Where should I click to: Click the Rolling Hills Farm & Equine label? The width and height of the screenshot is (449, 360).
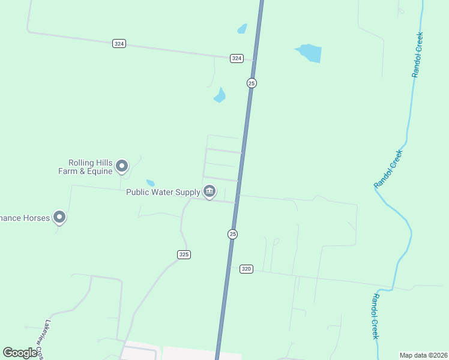coord(91,167)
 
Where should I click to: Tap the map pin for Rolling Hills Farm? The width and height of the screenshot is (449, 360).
coord(122,166)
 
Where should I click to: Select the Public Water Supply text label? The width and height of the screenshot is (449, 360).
coord(163,192)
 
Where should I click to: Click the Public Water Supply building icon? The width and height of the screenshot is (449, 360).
coord(209,192)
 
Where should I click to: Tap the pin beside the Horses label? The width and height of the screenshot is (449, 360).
coord(59,217)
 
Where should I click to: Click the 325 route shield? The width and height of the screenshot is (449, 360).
coord(184,254)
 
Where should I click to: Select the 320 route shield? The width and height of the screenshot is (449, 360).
coord(246,269)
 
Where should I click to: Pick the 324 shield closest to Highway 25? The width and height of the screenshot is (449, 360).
coord(237,58)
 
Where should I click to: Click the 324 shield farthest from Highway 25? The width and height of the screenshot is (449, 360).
coord(118,44)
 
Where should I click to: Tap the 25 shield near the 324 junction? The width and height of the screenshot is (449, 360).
coord(252,83)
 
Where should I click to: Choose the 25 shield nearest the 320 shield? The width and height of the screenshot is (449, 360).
coord(233,234)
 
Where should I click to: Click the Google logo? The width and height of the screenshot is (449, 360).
coord(20,353)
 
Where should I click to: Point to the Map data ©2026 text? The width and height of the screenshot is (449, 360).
coord(423,355)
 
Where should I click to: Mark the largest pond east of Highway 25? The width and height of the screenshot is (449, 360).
coord(310,53)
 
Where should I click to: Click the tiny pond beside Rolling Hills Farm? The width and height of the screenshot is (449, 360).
coord(150,183)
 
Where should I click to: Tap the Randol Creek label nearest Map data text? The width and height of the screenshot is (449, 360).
coord(375,316)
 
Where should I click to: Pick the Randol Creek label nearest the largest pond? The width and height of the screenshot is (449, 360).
coord(418,55)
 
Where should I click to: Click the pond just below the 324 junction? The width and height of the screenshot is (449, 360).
coord(220,95)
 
